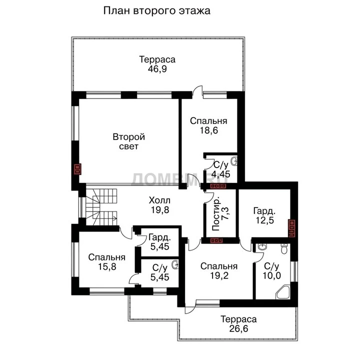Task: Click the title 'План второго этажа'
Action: coord(157,11)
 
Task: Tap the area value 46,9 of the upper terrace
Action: coord(157,68)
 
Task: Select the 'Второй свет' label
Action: coord(129,141)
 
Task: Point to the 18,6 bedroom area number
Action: coord(208,130)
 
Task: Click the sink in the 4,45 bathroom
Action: coord(234,160)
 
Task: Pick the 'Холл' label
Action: coord(159,200)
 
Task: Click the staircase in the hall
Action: coord(101,207)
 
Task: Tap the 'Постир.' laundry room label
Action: coord(216,213)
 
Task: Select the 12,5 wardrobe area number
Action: coord(264,220)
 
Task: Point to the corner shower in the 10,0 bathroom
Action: coord(283,292)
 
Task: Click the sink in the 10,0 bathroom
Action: coord(262,247)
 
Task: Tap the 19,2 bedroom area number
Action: coord(219,275)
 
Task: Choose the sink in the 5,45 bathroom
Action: coord(175,264)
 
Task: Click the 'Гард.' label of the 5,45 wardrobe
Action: coord(159,237)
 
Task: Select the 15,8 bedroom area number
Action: coord(107,266)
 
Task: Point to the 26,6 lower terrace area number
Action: coord(239,328)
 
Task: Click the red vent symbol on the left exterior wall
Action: coord(78,169)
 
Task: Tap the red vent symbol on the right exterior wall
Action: coord(291,228)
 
